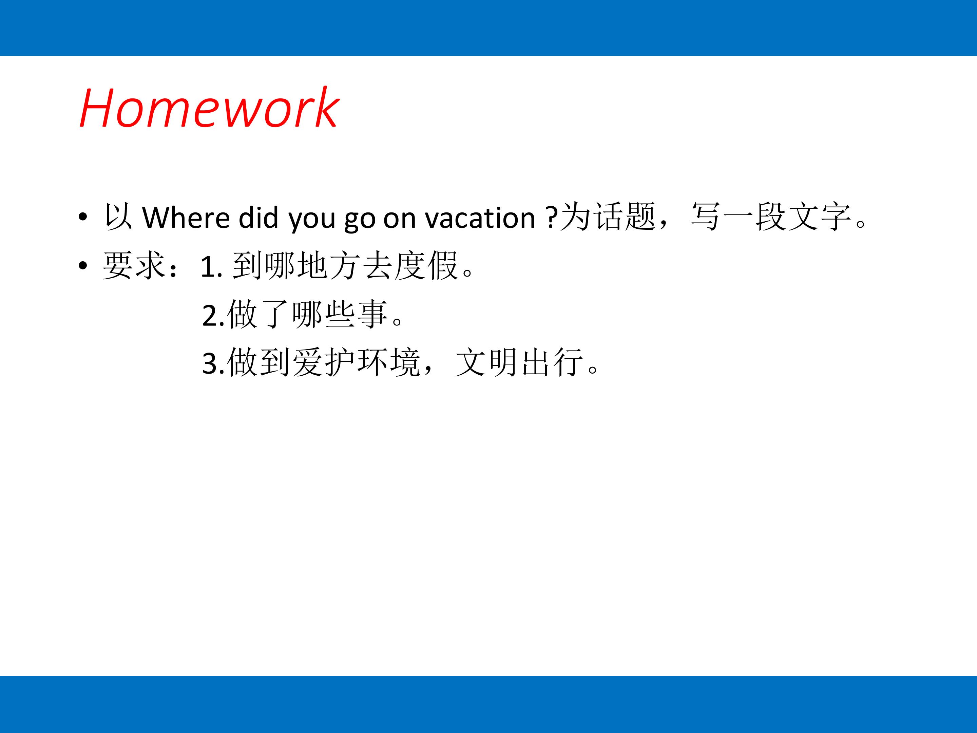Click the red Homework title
(209, 108)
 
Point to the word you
(312, 220)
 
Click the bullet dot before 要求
(82, 265)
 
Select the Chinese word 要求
(134, 265)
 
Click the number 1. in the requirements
(211, 267)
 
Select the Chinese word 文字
(819, 217)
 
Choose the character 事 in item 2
(372, 314)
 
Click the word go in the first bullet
(360, 220)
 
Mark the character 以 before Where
(118, 217)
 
